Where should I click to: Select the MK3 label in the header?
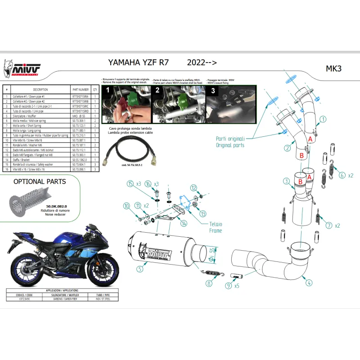(x=333, y=69)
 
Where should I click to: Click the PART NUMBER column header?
(x=81, y=90)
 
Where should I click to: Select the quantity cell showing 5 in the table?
(x=95, y=135)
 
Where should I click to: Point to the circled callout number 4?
(x=309, y=283)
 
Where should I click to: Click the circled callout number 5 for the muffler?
(x=140, y=269)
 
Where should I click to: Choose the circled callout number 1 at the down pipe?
(x=323, y=120)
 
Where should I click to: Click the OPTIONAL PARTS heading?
(x=40, y=182)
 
